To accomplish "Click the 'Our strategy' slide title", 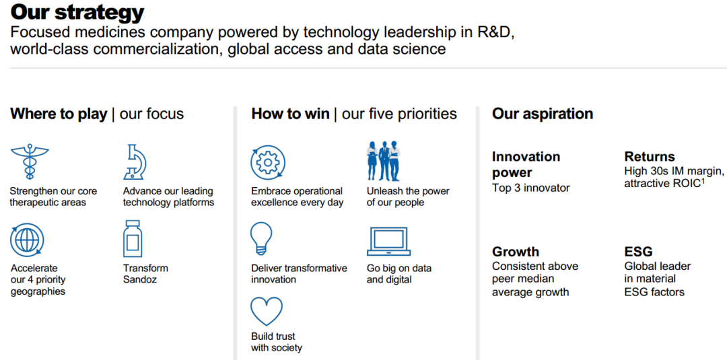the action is pos(77,13).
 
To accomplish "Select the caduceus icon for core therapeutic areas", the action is pos(30,161).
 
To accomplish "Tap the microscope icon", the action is pos(135,161).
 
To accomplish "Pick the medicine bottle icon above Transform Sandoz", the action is pos(133,239).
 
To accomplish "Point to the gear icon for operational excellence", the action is pos(268,163).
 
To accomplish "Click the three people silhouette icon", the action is pos(384,161).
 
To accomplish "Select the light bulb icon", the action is pos(261,238).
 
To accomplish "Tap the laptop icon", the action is pos(388,242).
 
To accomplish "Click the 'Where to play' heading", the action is pos(59,114).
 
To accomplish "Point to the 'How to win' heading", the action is pos(290,114).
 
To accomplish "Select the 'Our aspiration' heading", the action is pos(543,114).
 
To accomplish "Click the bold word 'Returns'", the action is pos(650,156).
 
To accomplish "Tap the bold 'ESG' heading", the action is pos(638,252).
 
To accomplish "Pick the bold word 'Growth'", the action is pos(516,252).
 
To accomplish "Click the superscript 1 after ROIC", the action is pos(703,181).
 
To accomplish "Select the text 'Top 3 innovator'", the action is pos(531,188).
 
